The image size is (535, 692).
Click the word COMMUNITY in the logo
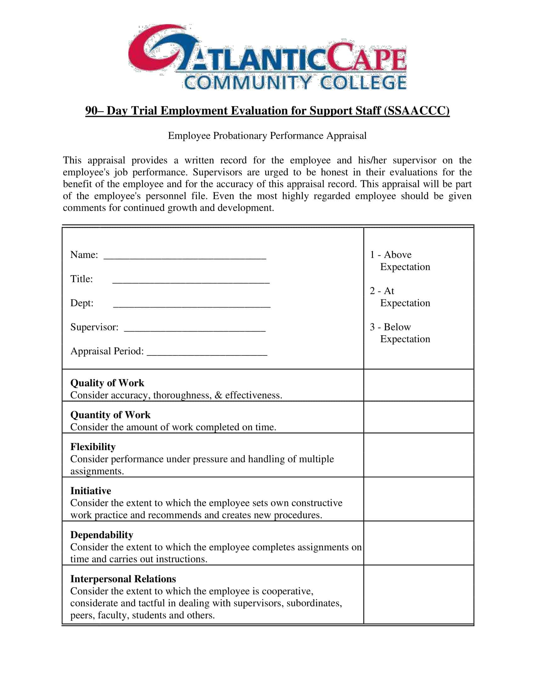coord(247,83)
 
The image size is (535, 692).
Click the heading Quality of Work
coord(107,383)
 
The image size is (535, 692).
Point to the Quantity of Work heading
coord(110,415)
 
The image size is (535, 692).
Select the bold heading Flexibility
coord(93,447)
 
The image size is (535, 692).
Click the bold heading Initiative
coord(91,491)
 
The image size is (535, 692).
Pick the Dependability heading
coord(102,535)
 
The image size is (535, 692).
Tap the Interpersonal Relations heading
coord(123,579)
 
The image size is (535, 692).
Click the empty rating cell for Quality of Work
coord(418,385)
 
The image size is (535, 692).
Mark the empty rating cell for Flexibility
coord(418,455)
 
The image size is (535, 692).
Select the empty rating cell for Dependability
coord(418,543)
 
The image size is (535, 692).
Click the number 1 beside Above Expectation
coord(372,255)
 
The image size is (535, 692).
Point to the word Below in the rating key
coord(397,327)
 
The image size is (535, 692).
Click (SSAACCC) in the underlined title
coord(416,111)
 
